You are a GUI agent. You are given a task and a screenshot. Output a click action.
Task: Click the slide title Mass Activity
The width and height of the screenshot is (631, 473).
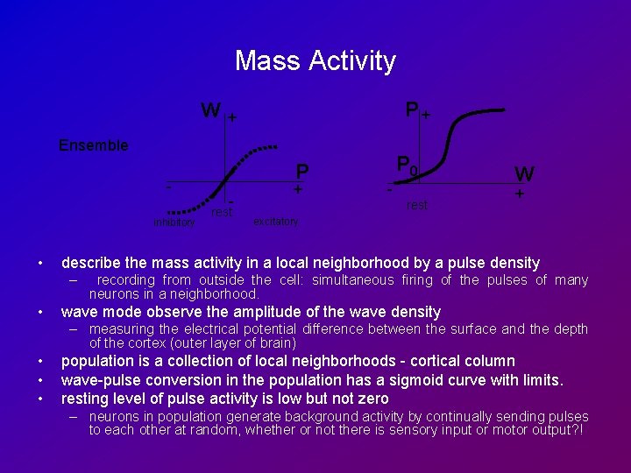tap(315, 60)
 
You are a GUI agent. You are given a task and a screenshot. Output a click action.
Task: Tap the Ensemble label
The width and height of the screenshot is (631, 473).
tap(93, 145)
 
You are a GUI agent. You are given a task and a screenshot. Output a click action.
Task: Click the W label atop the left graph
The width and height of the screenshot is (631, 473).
tap(210, 111)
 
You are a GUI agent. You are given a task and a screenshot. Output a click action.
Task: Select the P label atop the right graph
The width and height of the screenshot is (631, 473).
tap(411, 110)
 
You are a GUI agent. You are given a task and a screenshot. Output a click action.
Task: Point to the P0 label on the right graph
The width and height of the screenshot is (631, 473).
tap(407, 164)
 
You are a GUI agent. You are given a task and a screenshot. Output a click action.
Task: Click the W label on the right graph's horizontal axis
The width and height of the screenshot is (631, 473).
tap(524, 173)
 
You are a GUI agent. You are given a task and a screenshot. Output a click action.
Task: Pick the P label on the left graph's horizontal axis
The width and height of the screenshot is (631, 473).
tap(301, 170)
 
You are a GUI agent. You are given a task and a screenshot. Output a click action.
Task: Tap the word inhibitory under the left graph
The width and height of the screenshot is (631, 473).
tap(173, 222)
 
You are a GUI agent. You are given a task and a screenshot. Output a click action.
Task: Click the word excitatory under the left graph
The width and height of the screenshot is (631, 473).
tap(275, 222)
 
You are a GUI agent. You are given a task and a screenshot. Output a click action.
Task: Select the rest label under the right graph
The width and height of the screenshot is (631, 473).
tap(417, 205)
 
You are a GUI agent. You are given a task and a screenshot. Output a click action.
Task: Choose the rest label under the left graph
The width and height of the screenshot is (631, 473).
tap(222, 212)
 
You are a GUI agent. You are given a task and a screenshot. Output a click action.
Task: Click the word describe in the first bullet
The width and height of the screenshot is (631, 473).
tap(92, 263)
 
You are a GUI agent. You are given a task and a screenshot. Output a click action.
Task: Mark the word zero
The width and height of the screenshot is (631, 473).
tap(372, 399)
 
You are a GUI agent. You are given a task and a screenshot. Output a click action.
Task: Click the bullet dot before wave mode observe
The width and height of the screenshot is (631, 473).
tap(41, 312)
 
